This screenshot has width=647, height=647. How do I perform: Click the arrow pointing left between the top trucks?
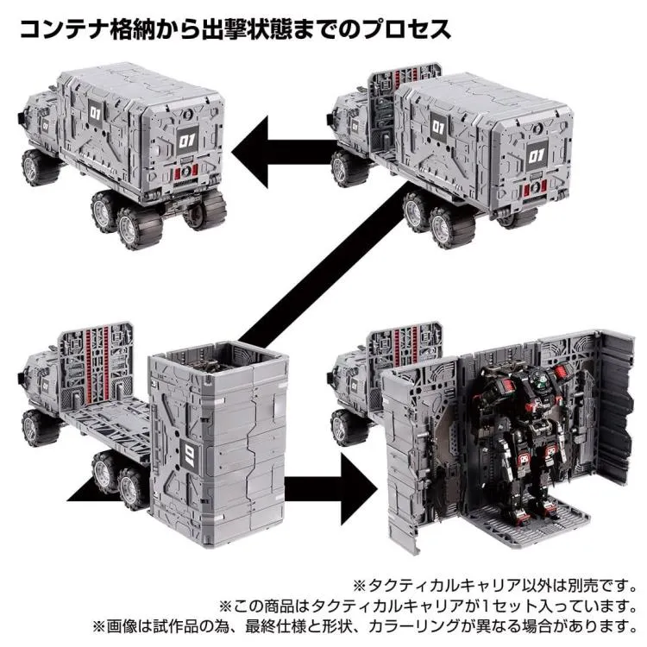[285, 151]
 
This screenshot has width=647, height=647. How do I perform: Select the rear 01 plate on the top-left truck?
[187, 141]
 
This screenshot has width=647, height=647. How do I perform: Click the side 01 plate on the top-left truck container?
[95, 113]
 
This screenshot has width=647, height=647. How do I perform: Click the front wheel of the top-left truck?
[39, 167]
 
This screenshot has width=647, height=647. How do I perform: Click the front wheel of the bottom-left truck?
[38, 428]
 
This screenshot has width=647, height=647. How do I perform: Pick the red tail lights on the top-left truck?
[186, 171]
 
